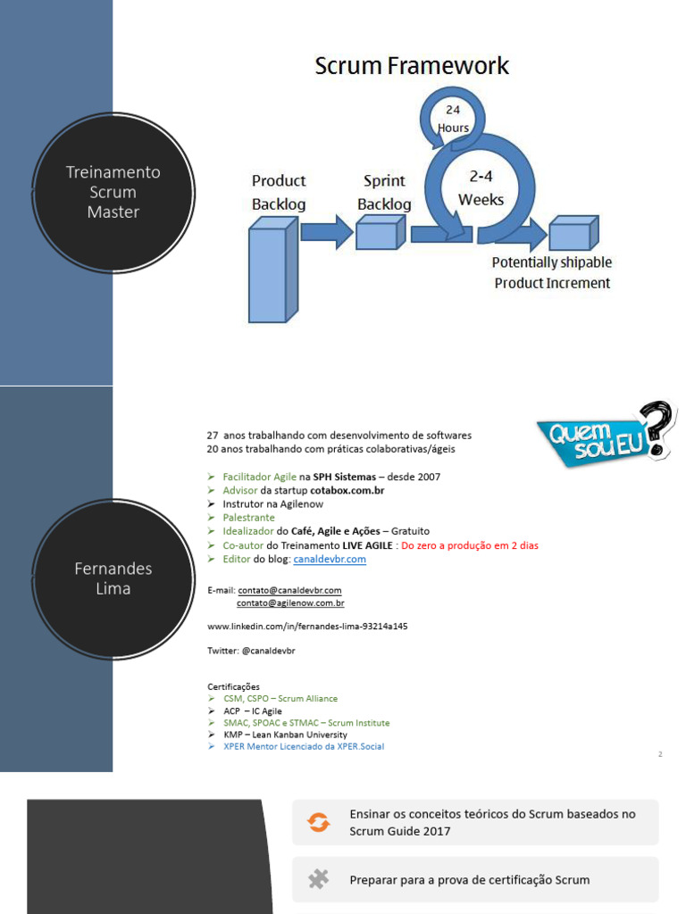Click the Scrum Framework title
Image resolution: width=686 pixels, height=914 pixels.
coord(412,66)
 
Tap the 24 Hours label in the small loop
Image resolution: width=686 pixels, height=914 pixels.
coord(453,119)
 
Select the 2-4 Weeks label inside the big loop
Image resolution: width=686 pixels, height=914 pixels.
coord(481,187)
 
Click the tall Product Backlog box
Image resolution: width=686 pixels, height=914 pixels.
coord(273,270)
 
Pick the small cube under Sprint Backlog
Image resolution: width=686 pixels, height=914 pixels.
coord(381,232)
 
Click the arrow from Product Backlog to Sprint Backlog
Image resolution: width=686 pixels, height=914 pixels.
coord(327,232)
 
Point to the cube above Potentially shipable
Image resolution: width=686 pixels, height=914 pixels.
coord(574,233)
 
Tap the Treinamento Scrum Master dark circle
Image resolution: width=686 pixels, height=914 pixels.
coord(113,193)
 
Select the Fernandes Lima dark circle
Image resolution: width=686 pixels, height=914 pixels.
coord(113,578)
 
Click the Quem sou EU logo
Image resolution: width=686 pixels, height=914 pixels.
coord(607,435)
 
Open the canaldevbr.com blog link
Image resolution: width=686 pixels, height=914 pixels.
coord(330,559)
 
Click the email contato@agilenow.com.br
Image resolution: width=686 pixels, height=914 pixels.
coord(290,603)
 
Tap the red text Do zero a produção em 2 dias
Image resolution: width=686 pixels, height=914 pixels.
coord(470,545)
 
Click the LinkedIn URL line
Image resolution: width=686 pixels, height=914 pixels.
coord(307,627)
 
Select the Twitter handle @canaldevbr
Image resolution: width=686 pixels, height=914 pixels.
coord(268,651)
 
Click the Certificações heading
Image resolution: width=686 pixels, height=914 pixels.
coord(233,686)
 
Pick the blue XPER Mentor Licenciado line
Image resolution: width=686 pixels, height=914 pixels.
coord(304,747)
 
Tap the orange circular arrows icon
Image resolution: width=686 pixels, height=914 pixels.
coord(319,822)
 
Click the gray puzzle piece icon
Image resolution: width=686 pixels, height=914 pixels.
coord(319,879)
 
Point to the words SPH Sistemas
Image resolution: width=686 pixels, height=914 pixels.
coord(345,477)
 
